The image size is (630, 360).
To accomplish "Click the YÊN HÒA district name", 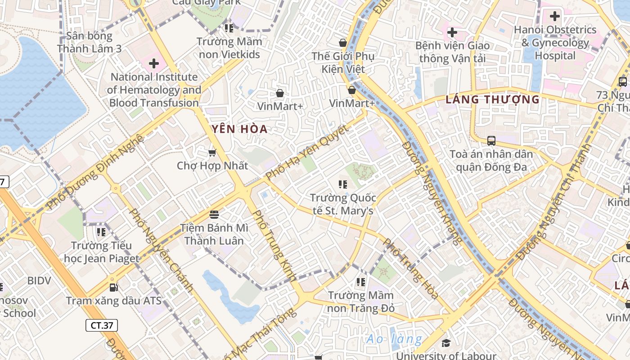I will click(x=240, y=130).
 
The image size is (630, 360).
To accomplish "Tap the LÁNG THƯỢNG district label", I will click(x=492, y=99).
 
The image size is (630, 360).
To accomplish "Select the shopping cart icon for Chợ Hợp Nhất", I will click(x=212, y=153).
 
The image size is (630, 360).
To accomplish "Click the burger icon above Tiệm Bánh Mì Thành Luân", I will click(x=214, y=214).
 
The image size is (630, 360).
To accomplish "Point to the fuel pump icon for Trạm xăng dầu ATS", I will click(x=114, y=287).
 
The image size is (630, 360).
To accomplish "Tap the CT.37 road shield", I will click(x=102, y=325).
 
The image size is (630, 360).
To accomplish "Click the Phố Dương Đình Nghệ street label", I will click(x=95, y=172).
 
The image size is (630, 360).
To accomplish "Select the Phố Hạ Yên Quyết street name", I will click(x=307, y=152).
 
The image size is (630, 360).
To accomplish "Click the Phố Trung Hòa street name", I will click(x=410, y=269).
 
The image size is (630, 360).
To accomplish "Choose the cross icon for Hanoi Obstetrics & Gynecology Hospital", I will click(x=555, y=17).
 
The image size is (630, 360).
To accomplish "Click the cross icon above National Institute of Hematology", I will click(x=154, y=63).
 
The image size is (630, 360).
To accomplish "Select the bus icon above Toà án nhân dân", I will click(x=491, y=141).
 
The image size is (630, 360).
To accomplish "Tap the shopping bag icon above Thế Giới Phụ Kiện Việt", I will click(x=343, y=43).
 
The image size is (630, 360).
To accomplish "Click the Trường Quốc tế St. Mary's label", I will click(x=343, y=204).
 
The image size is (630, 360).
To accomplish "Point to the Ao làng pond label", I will click(x=394, y=339).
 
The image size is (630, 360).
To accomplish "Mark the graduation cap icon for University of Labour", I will click(x=446, y=343).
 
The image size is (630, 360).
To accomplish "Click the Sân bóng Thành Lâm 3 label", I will click(x=90, y=42).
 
